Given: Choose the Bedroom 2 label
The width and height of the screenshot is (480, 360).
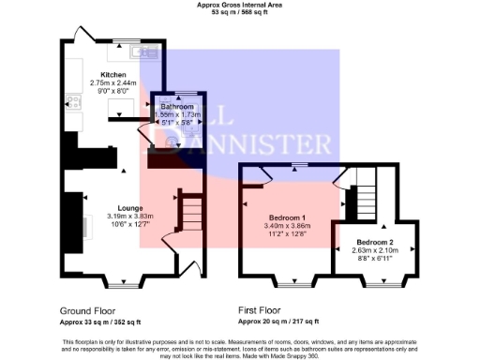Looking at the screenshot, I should point(372,242).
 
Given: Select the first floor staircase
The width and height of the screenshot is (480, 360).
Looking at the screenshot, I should point(364,187).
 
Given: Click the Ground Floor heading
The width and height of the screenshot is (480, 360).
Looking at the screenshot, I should point(88,310).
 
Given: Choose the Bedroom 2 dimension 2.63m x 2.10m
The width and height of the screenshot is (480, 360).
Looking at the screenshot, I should point(372,250).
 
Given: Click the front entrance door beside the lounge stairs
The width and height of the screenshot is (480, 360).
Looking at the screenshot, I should point(199,272).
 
